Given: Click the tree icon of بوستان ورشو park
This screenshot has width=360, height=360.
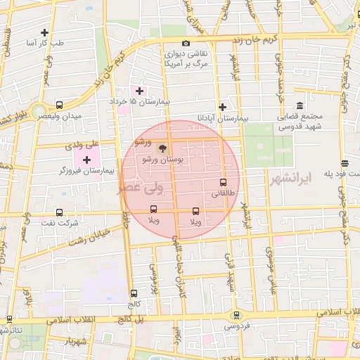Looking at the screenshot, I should coord(162,149).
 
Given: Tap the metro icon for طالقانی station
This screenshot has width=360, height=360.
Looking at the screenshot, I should coord(223,182).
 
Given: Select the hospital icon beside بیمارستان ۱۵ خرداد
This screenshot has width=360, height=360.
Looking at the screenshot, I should coord(139,91).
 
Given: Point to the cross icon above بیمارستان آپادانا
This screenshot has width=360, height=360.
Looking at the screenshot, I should coord(223,108).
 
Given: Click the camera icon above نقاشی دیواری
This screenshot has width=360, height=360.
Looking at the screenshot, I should coord(186,44).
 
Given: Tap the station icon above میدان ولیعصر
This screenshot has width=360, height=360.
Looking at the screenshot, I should coord(59,105).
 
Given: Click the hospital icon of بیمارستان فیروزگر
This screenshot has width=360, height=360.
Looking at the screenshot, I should coord(86,161).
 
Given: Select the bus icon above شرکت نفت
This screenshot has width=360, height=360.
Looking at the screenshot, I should coord(58,212).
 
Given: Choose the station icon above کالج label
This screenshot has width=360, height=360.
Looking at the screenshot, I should coord(134,292).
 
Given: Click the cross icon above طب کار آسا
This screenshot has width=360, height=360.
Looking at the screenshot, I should coord(44,32).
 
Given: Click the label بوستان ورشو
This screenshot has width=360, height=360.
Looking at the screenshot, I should coord(162,160).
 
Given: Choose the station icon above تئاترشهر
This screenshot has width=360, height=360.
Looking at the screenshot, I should coord(9,319).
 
